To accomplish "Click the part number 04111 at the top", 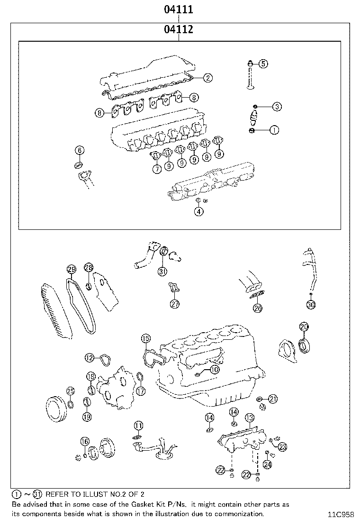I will [179, 9].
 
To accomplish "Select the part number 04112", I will [179, 30].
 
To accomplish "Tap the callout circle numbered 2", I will [208, 78].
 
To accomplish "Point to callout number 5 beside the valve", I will [263, 63].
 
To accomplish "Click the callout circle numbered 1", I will [274, 129].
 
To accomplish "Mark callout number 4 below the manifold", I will [199, 212].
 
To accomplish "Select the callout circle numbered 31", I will [162, 271].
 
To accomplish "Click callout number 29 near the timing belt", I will [71, 270].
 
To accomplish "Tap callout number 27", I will [175, 304].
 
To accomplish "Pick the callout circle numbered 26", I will [257, 308].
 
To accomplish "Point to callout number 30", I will [311, 305].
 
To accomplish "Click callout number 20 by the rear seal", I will [304, 327].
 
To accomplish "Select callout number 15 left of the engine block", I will [145, 338].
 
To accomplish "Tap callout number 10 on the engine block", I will [214, 369].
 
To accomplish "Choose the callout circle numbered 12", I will [90, 357].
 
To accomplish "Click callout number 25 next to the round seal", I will [70, 391].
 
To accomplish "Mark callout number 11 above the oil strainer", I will [138, 425].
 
